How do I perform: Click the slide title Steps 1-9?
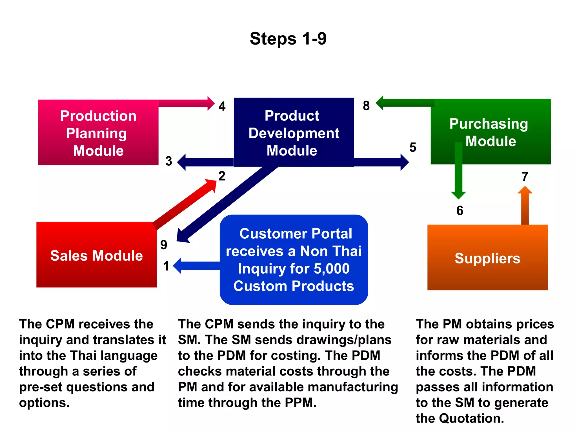(288, 39)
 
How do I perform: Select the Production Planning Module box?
(98, 133)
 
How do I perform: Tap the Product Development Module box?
(294, 133)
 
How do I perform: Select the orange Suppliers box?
(487, 258)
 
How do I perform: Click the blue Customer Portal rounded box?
(294, 260)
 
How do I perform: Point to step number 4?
(222, 106)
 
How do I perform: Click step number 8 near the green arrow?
(366, 106)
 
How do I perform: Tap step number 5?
(413, 148)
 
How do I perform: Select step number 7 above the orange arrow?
(525, 177)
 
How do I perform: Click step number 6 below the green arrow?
(460, 211)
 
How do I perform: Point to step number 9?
(164, 245)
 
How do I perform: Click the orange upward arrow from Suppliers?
(525, 207)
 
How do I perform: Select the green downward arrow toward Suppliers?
(458, 172)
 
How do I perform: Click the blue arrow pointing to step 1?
(197, 266)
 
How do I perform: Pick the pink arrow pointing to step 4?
(186, 103)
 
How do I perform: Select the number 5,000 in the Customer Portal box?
(332, 268)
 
